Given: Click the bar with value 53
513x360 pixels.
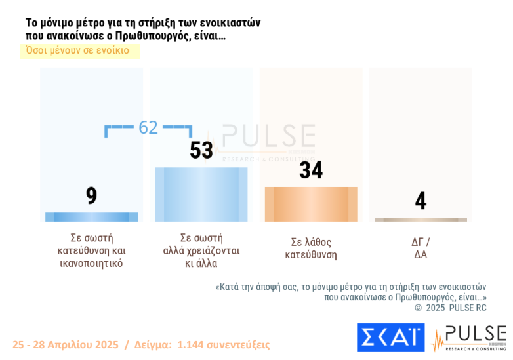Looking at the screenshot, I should coord(201,194).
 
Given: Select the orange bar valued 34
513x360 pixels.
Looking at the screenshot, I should coord(311,204).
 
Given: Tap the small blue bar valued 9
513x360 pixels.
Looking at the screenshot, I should coord(91,217).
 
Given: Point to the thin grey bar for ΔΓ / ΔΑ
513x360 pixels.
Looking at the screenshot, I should coord(421,220).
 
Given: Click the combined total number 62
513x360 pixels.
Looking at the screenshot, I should coord(148,127).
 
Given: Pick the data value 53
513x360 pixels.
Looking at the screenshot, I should coord(201,151).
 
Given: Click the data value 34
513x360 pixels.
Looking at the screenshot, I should coord(311,170).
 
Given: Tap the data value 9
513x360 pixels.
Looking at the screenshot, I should coord(91,195).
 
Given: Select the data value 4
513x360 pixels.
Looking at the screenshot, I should coord(421,201).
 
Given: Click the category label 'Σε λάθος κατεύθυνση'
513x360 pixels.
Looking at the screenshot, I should coord(311,248).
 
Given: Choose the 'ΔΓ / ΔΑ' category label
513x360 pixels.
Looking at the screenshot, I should coord(420,248).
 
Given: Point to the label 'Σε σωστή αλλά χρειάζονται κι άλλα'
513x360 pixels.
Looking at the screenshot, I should coord(201,250).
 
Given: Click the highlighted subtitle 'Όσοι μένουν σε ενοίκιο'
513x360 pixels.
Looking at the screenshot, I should coord(77,50).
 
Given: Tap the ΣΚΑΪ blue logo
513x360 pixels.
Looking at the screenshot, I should coord(390,337).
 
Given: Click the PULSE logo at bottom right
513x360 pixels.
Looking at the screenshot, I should coord(469,337).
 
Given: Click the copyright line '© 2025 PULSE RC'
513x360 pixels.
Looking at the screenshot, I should coord(450,307).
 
